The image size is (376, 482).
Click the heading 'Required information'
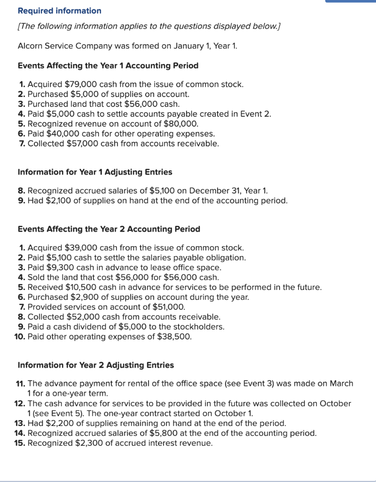coord(59,10)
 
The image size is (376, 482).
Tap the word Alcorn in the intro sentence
coord(30,46)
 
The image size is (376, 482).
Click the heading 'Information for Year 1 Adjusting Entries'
coord(94,172)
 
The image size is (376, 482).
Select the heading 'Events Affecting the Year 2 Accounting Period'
coord(109,229)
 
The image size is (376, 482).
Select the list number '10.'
coord(20,337)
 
